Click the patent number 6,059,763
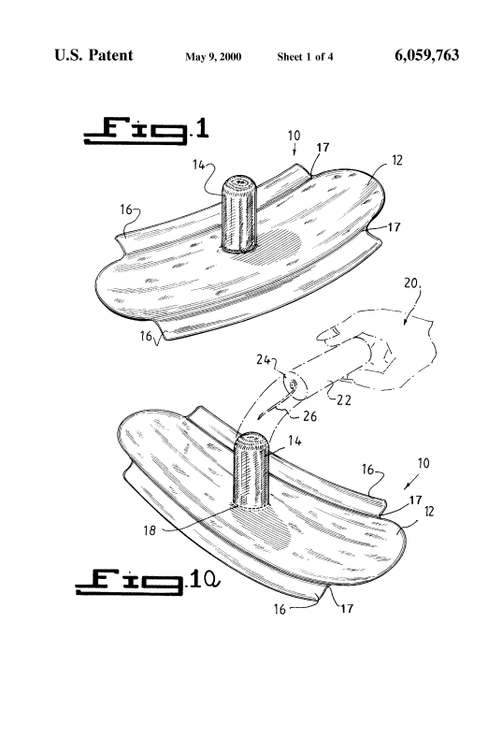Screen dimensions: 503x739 [x=426, y=55]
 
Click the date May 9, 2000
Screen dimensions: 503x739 [x=213, y=57]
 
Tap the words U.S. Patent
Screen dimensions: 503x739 [x=93, y=55]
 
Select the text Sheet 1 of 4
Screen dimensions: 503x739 [x=305, y=57]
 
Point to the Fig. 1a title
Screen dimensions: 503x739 [x=148, y=582]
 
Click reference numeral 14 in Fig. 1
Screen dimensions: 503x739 [x=198, y=165]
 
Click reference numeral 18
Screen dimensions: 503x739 [x=150, y=530]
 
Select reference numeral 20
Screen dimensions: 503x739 [x=411, y=283]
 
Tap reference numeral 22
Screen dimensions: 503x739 [x=344, y=399]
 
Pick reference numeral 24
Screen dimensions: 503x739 [x=263, y=360]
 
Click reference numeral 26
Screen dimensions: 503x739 [x=309, y=416]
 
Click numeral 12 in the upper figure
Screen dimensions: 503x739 [x=397, y=160]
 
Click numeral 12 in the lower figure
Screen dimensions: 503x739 [x=429, y=512]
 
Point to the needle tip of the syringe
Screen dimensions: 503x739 [x=259, y=417]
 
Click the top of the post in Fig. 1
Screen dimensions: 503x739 [x=240, y=181]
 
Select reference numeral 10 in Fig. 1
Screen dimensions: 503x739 [x=294, y=136]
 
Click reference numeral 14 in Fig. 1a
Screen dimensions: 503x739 [x=295, y=442]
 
